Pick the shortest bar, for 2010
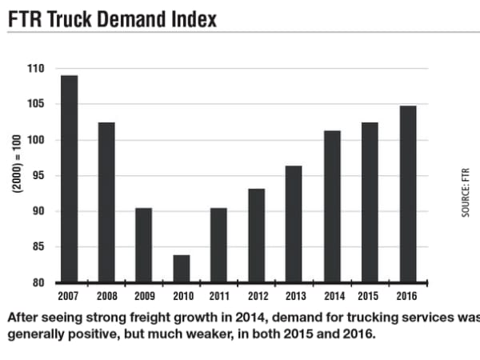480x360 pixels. [x=182, y=269]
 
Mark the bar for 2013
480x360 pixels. [x=294, y=225]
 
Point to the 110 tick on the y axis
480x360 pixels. [x=36, y=69]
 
